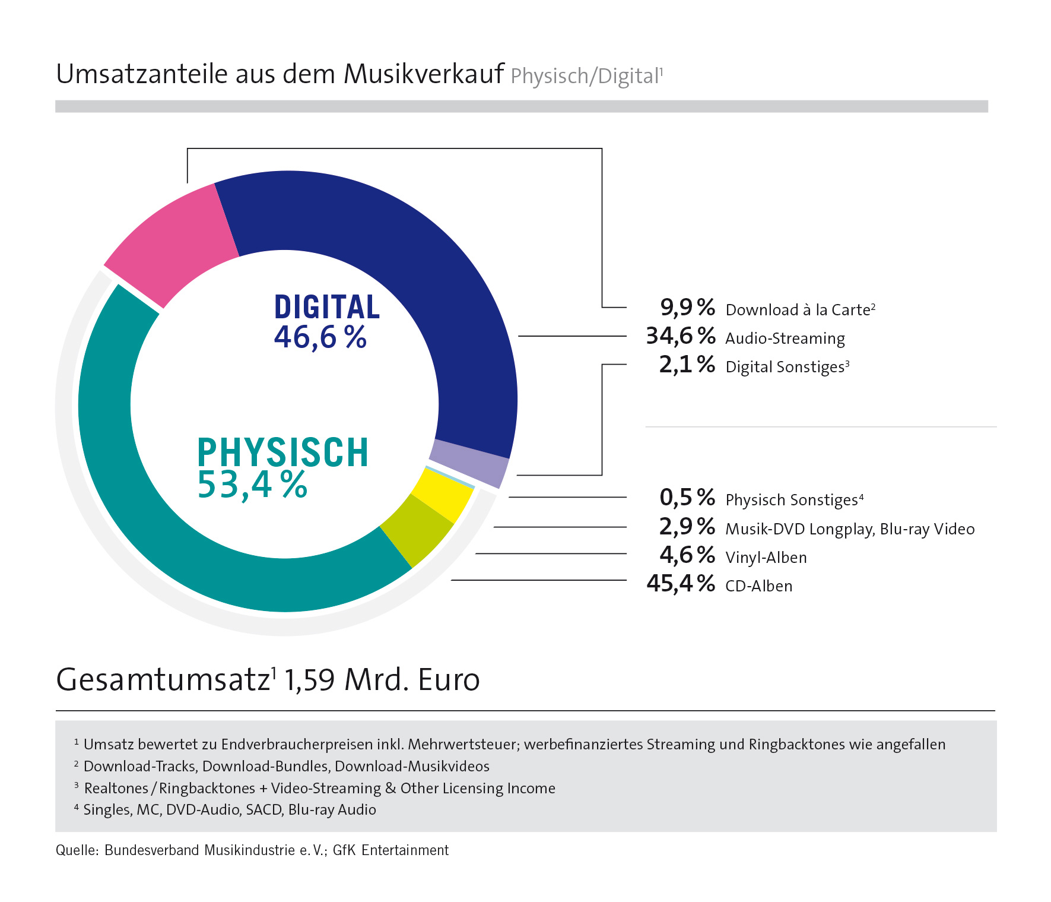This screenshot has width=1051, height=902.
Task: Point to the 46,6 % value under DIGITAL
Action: click(x=320, y=337)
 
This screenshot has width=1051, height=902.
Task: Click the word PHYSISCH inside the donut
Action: click(x=282, y=452)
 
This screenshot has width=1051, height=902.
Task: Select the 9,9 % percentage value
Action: click(x=687, y=308)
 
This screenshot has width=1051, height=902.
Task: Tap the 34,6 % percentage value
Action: click(x=681, y=336)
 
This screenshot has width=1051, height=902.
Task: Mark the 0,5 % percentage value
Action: click(x=687, y=498)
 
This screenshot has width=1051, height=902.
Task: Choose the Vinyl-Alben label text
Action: click(x=766, y=558)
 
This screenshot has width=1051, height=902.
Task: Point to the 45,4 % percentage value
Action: click(x=681, y=584)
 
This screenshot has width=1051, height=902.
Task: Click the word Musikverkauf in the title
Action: click(x=424, y=75)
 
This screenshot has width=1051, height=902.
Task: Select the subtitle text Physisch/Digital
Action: click(x=585, y=77)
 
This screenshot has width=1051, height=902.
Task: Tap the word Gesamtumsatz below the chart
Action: click(x=163, y=680)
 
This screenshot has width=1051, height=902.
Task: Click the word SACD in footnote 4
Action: click(x=263, y=810)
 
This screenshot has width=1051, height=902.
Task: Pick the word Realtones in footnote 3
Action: click(x=116, y=789)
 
